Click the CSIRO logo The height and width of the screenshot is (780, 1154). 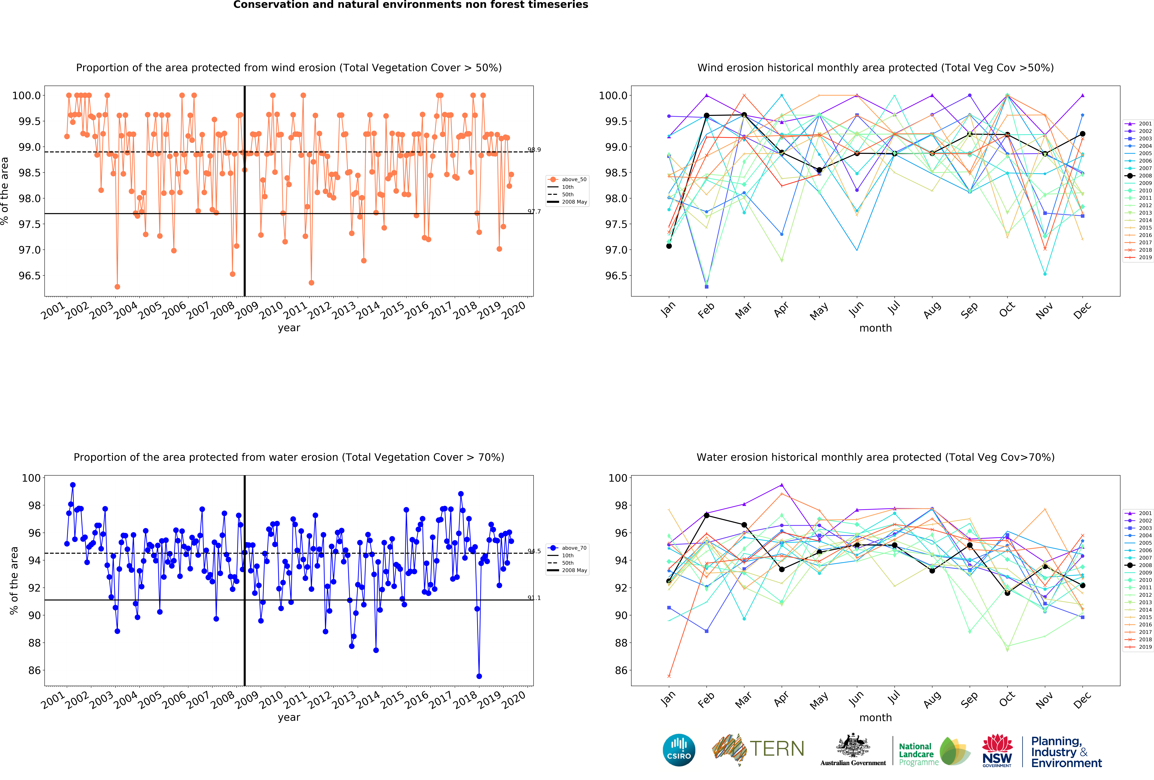pos(679,750)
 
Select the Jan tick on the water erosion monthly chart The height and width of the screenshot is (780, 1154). pos(668,699)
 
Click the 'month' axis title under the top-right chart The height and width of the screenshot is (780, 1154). pos(875,328)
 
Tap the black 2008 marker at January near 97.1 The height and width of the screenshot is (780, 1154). pos(669,246)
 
